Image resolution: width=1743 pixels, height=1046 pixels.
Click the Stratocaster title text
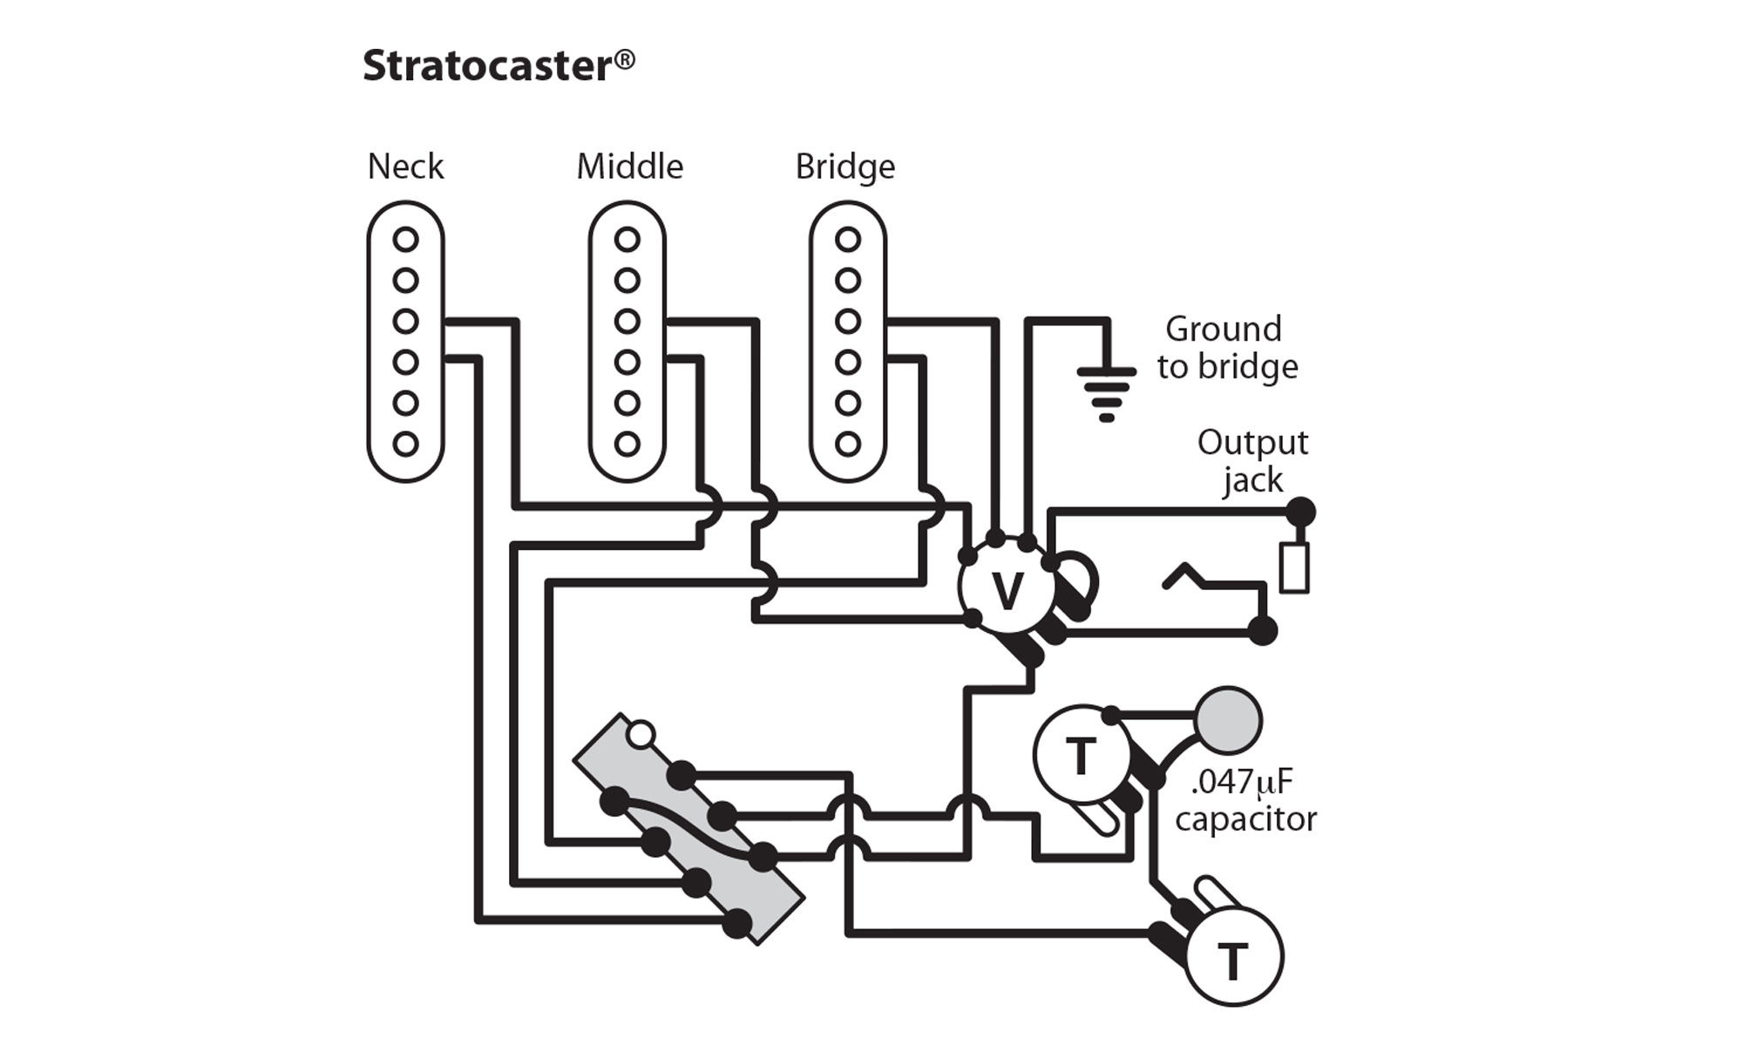click(488, 66)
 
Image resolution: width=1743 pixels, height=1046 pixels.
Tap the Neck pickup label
click(405, 166)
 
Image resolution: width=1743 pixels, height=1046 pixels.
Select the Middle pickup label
click(629, 166)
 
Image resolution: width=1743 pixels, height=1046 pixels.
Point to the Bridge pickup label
click(844, 167)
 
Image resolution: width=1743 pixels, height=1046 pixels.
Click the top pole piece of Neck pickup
click(405, 239)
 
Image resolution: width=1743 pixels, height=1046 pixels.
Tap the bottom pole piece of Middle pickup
click(627, 444)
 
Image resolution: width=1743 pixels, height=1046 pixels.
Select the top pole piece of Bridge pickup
click(848, 239)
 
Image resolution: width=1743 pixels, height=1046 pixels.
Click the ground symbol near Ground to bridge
click(1107, 392)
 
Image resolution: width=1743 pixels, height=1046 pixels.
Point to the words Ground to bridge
click(1226, 348)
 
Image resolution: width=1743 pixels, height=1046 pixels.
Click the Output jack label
click(1252, 461)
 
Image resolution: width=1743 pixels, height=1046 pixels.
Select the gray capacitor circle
click(1228, 720)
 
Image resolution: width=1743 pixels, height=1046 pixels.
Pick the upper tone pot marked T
click(1081, 755)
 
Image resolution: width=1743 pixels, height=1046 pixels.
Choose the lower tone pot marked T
click(1233, 959)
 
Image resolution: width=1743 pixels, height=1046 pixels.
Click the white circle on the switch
click(641, 735)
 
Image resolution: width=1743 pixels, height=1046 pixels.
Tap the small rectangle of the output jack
click(1294, 567)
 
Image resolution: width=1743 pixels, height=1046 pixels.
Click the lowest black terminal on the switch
click(738, 923)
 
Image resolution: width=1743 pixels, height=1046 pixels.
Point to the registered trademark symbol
click(624, 60)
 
